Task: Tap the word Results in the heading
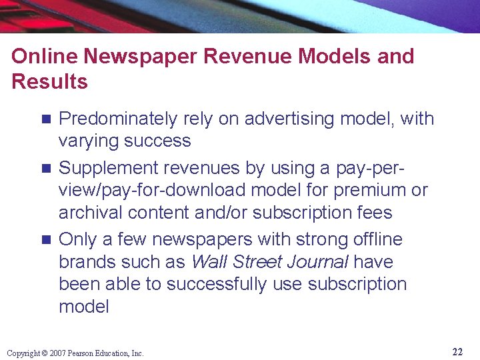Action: pyautogui.click(x=49, y=82)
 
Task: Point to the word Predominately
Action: pyautogui.click(x=117, y=119)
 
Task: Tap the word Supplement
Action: pyautogui.click(x=105, y=168)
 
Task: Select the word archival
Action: pyautogui.click(x=84, y=213)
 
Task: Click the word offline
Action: pyautogui.click(x=371, y=239)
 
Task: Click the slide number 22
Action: pyautogui.click(x=457, y=352)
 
